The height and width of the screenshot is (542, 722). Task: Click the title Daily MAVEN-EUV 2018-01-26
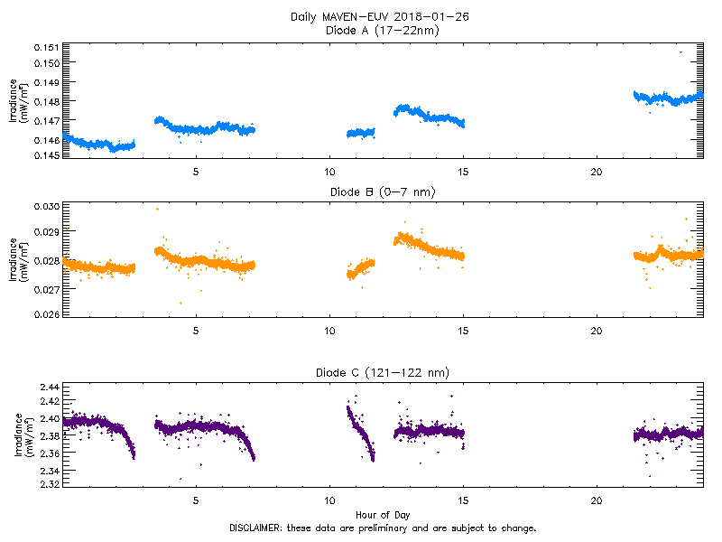pyautogui.click(x=380, y=17)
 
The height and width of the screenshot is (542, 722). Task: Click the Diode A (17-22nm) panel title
pyautogui.click(x=380, y=30)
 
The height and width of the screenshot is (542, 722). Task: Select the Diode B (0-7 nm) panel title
pyautogui.click(x=380, y=191)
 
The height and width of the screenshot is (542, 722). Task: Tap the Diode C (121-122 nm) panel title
pyautogui.click(x=380, y=372)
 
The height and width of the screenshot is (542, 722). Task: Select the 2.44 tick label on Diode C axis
pyautogui.click(x=51, y=387)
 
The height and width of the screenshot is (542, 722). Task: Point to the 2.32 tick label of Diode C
pyautogui.click(x=51, y=484)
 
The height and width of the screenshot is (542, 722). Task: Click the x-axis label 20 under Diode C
pyautogui.click(x=597, y=500)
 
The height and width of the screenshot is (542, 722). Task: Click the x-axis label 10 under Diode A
pyautogui.click(x=329, y=172)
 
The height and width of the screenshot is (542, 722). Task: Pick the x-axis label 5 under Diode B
pyautogui.click(x=196, y=331)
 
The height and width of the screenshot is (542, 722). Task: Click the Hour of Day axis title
pyautogui.click(x=380, y=515)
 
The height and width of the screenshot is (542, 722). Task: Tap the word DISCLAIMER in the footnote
pyautogui.click(x=256, y=528)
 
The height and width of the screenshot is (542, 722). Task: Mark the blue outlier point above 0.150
pyautogui.click(x=680, y=52)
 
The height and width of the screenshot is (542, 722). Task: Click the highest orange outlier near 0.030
pyautogui.click(x=157, y=209)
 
